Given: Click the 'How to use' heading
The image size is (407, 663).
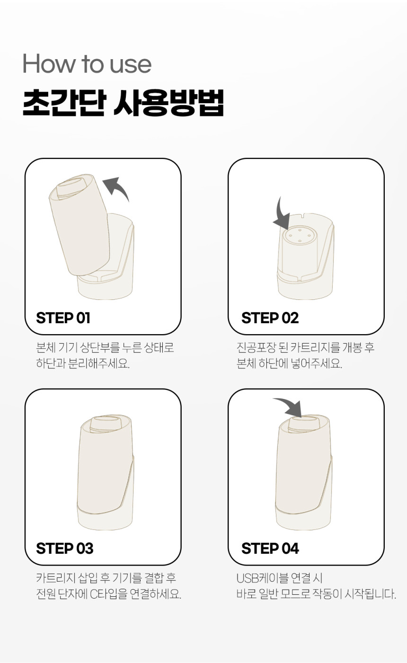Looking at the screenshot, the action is pos(87,63).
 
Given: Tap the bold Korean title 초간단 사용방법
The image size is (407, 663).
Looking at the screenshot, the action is pos(123,102).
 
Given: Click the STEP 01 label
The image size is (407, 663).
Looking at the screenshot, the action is pos(63,318).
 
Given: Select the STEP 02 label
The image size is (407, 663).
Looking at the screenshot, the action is pos(270,318).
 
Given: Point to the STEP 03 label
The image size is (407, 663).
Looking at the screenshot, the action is pos(64,548).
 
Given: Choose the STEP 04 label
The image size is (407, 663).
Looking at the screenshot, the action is pos(270,548).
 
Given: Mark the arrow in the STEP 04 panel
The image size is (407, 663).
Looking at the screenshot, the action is pos(289,407).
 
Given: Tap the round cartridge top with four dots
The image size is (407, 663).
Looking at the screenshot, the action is pos(300,235).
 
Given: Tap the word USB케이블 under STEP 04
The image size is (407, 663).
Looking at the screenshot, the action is pos(262,577).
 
